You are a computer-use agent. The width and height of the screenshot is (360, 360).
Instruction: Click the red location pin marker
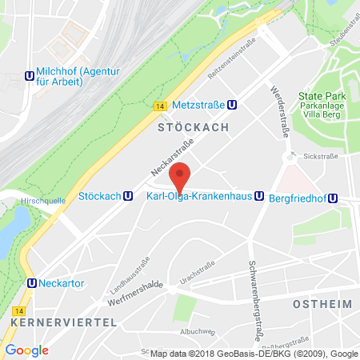pos(182,177)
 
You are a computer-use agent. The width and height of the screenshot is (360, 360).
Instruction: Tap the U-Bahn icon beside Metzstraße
pos(230,104)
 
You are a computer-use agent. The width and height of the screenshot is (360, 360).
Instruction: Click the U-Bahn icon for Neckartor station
pos(31,282)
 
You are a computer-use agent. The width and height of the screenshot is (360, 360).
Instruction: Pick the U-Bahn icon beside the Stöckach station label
pos(129,196)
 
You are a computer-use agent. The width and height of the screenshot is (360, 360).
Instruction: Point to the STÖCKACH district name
pos(193,127)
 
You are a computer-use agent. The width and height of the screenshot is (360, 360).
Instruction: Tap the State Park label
pos(321,96)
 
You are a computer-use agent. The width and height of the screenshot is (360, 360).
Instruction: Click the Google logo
pos(26,350)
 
